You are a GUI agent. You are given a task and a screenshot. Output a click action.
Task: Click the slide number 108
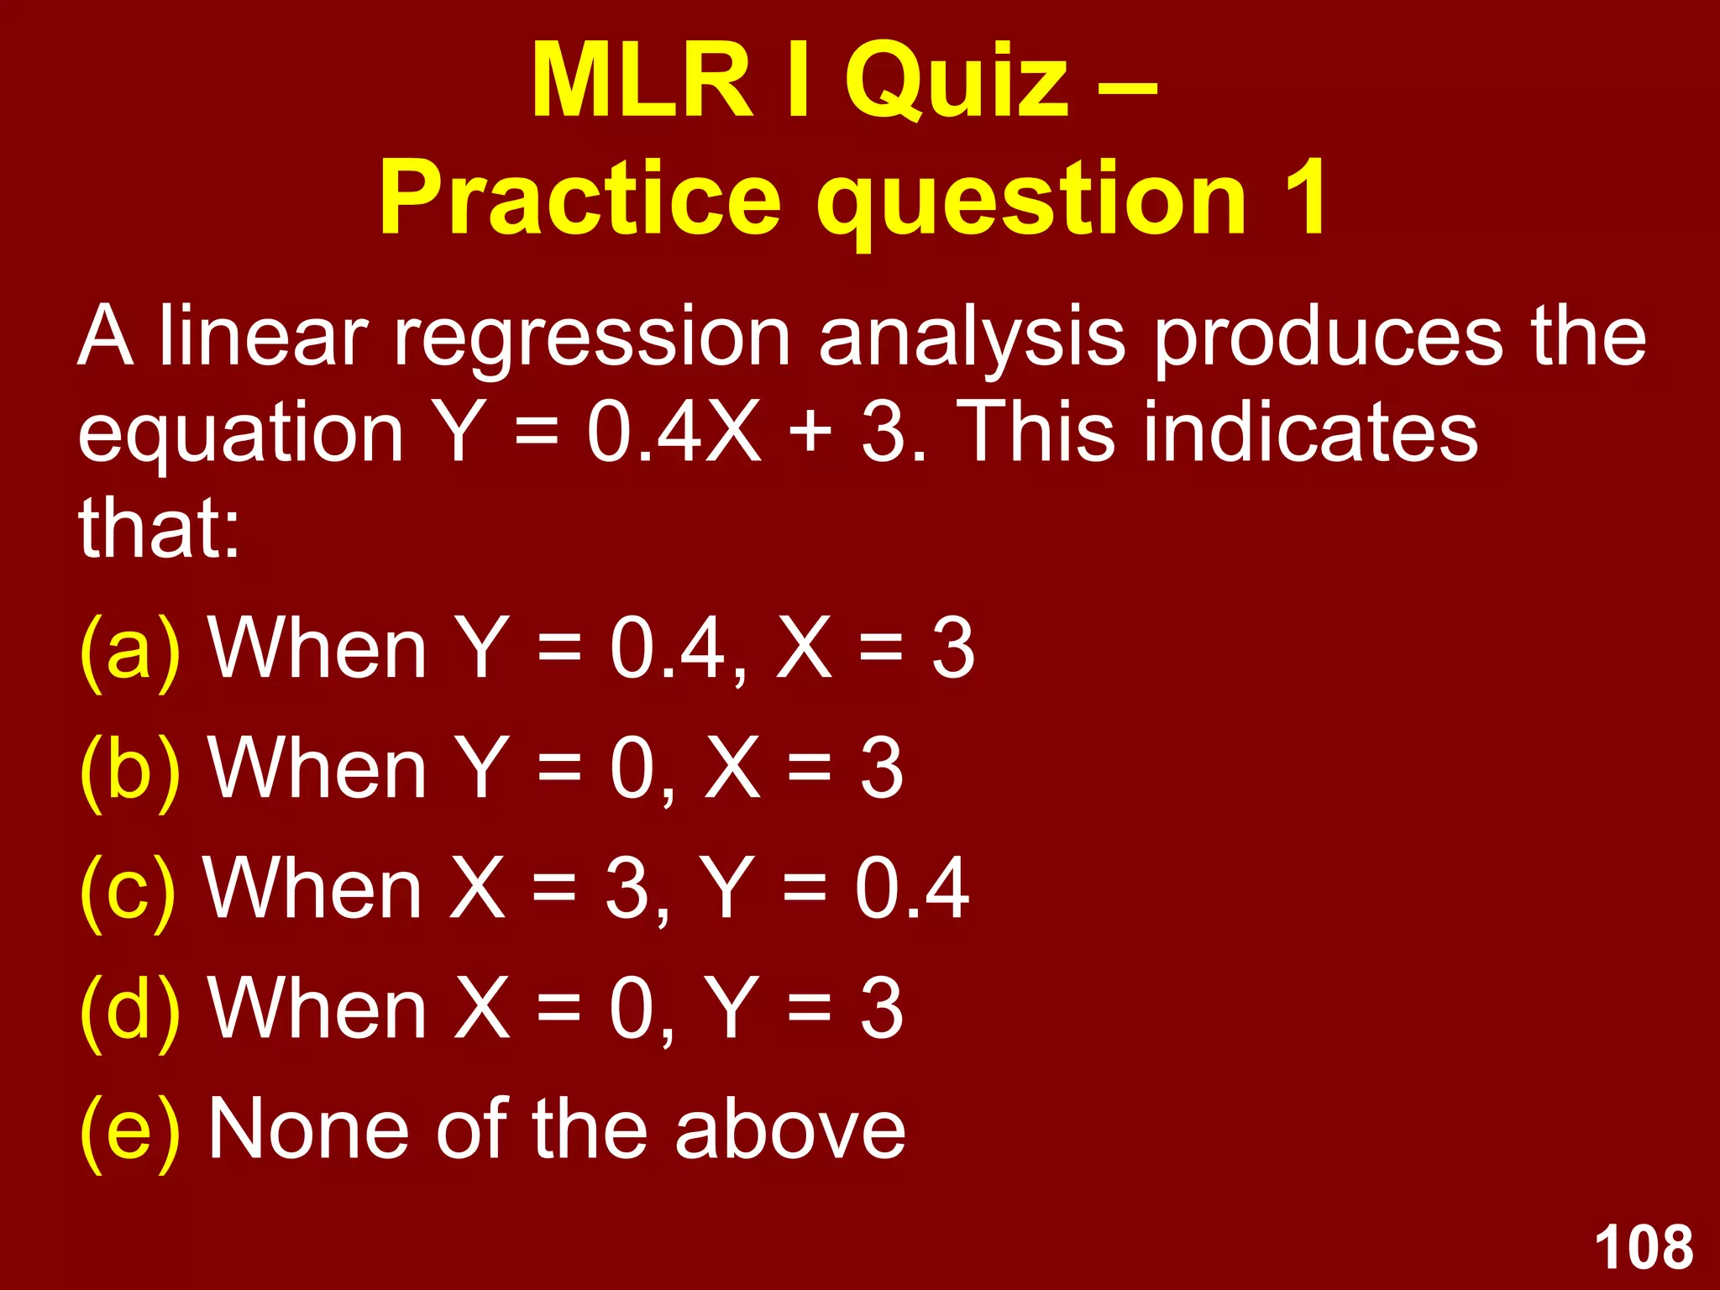click(1644, 1247)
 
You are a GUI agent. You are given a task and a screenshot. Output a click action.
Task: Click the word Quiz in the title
click(957, 82)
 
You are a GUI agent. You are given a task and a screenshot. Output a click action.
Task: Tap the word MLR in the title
click(642, 82)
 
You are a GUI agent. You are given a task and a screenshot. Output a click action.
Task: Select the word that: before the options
click(160, 527)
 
